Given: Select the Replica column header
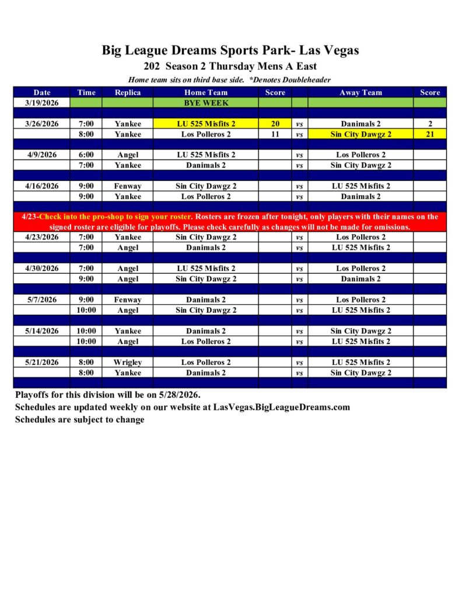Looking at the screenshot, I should point(127,92).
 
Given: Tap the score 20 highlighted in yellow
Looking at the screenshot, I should point(275,124).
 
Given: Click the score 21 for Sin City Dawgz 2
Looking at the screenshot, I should point(430,134).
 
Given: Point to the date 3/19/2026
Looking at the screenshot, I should point(42,103).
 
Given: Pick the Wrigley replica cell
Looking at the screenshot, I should point(127,362).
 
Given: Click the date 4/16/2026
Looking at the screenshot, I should point(42,186).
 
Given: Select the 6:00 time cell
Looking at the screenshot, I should point(86,155).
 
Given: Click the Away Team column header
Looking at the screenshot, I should point(360,92).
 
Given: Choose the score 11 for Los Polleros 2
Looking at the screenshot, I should point(275,134).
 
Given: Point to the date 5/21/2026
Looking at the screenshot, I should point(42,362).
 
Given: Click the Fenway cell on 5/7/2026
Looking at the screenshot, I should point(127,300).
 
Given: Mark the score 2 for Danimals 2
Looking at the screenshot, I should point(430,124).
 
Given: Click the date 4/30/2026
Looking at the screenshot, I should point(42,269).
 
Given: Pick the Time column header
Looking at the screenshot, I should point(86,92).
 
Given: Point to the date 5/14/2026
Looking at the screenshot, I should point(42,331).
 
